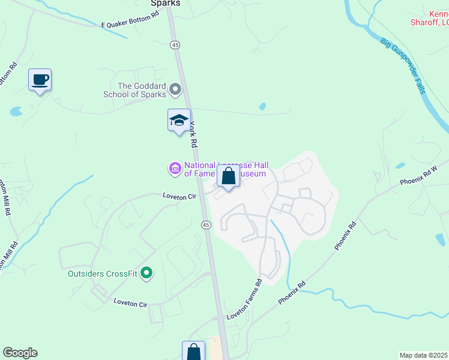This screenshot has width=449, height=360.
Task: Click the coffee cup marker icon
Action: [40, 80]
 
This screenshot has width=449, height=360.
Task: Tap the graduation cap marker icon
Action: [179, 121]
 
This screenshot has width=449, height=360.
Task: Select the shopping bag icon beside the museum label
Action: [228, 177]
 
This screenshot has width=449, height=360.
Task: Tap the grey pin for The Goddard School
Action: [175, 90]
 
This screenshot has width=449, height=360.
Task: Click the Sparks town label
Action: [165, 3]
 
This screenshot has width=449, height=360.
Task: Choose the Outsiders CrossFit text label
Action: [103, 274]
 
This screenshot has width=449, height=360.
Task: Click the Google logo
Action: [20, 353]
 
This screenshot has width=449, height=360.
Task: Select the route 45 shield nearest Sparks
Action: [175, 44]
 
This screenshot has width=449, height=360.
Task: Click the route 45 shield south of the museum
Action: [206, 224]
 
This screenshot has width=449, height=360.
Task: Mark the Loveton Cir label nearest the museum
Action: [179, 196]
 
